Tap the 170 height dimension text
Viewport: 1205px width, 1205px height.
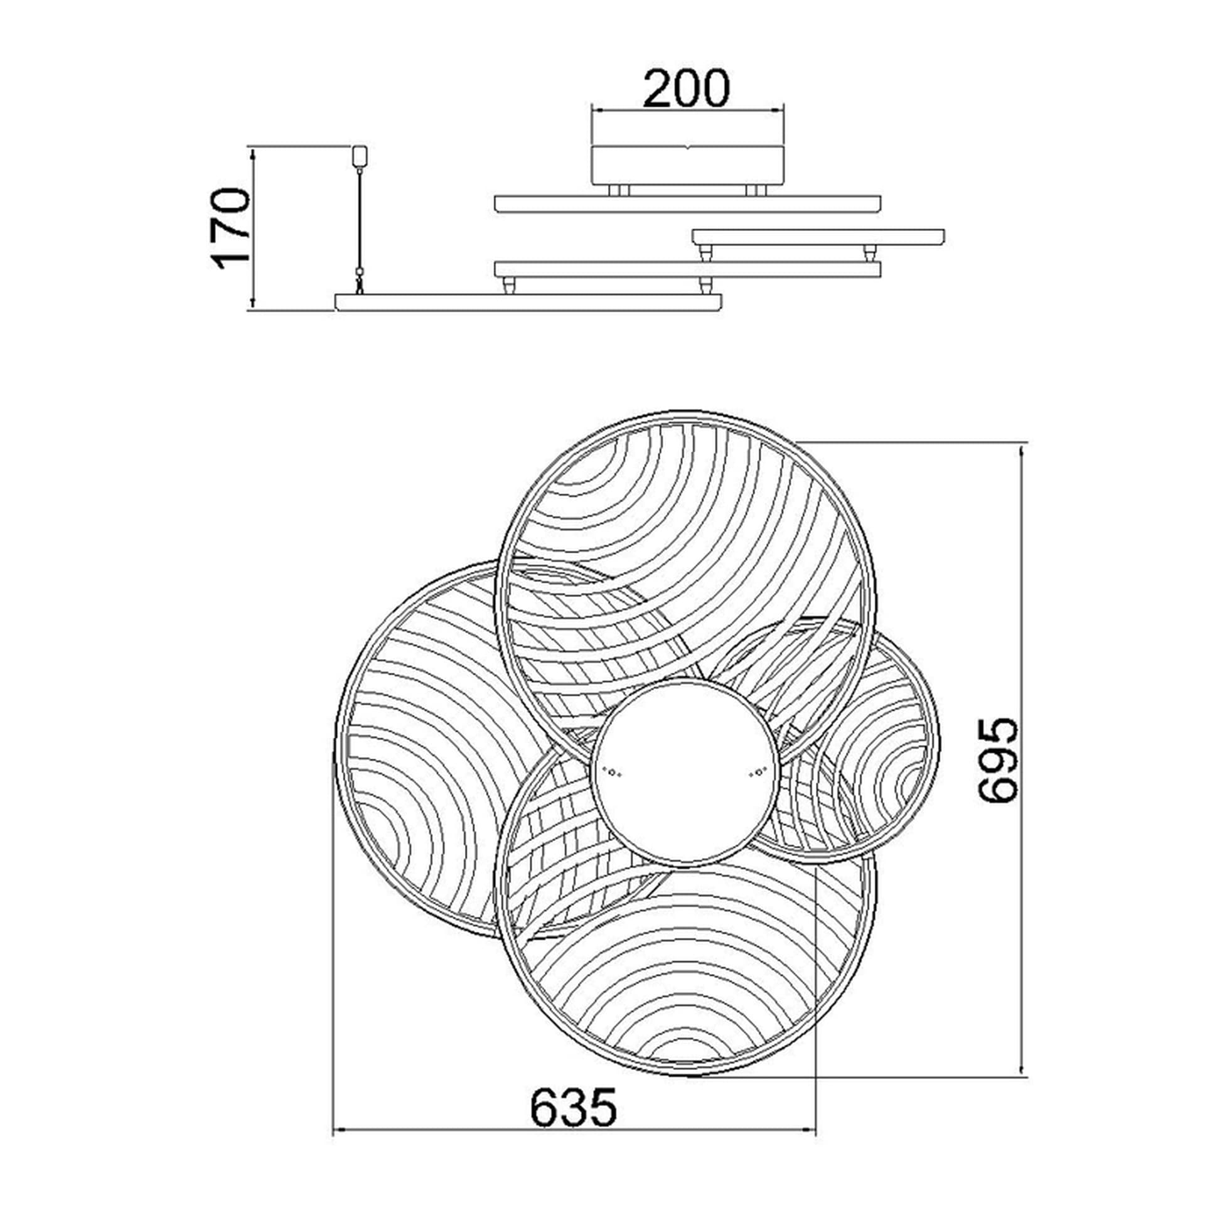pos(233,228)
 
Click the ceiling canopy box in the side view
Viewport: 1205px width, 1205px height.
pos(688,166)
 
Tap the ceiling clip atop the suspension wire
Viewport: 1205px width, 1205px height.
pos(360,156)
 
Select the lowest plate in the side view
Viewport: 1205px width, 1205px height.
pos(528,302)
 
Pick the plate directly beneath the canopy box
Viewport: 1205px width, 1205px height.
pos(688,204)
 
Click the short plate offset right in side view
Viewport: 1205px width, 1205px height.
pos(818,237)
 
